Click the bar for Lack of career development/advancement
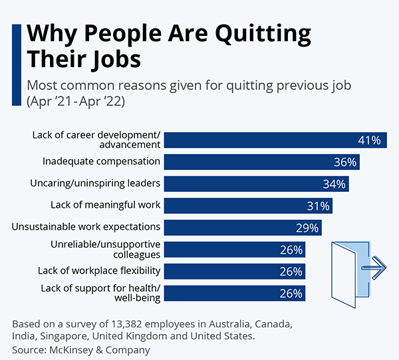[x=274, y=140]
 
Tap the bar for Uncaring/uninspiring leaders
[x=256, y=183]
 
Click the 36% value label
[x=346, y=162]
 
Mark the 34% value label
[x=334, y=184]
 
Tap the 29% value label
[x=308, y=228]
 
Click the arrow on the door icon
[x=374, y=268]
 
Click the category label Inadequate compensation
[x=101, y=161]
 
